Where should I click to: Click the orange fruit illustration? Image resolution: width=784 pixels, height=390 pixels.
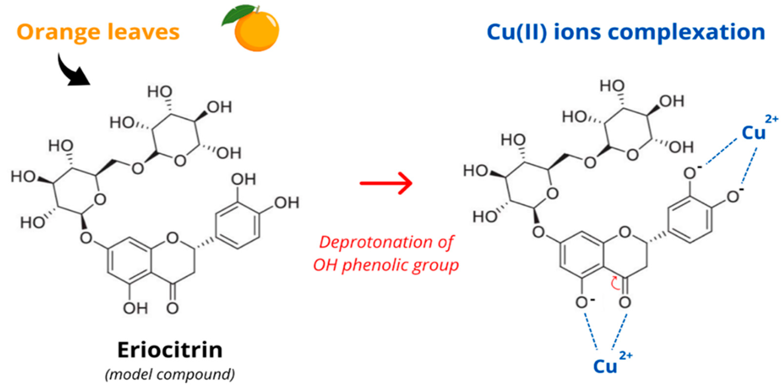coord(257,32)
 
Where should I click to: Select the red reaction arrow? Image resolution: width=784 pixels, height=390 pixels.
coord(386,183)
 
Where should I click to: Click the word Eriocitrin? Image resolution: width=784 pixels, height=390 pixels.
coord(170,350)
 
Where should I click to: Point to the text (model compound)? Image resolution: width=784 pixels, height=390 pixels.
coord(170,375)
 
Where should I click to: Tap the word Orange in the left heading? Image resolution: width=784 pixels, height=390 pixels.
coord(57,32)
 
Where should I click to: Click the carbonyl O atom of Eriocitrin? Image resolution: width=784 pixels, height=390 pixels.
coord(172,308)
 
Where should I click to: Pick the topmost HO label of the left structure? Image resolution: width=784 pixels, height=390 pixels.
coord(160,92)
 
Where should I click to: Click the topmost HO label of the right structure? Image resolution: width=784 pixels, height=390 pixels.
coord(612,86)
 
